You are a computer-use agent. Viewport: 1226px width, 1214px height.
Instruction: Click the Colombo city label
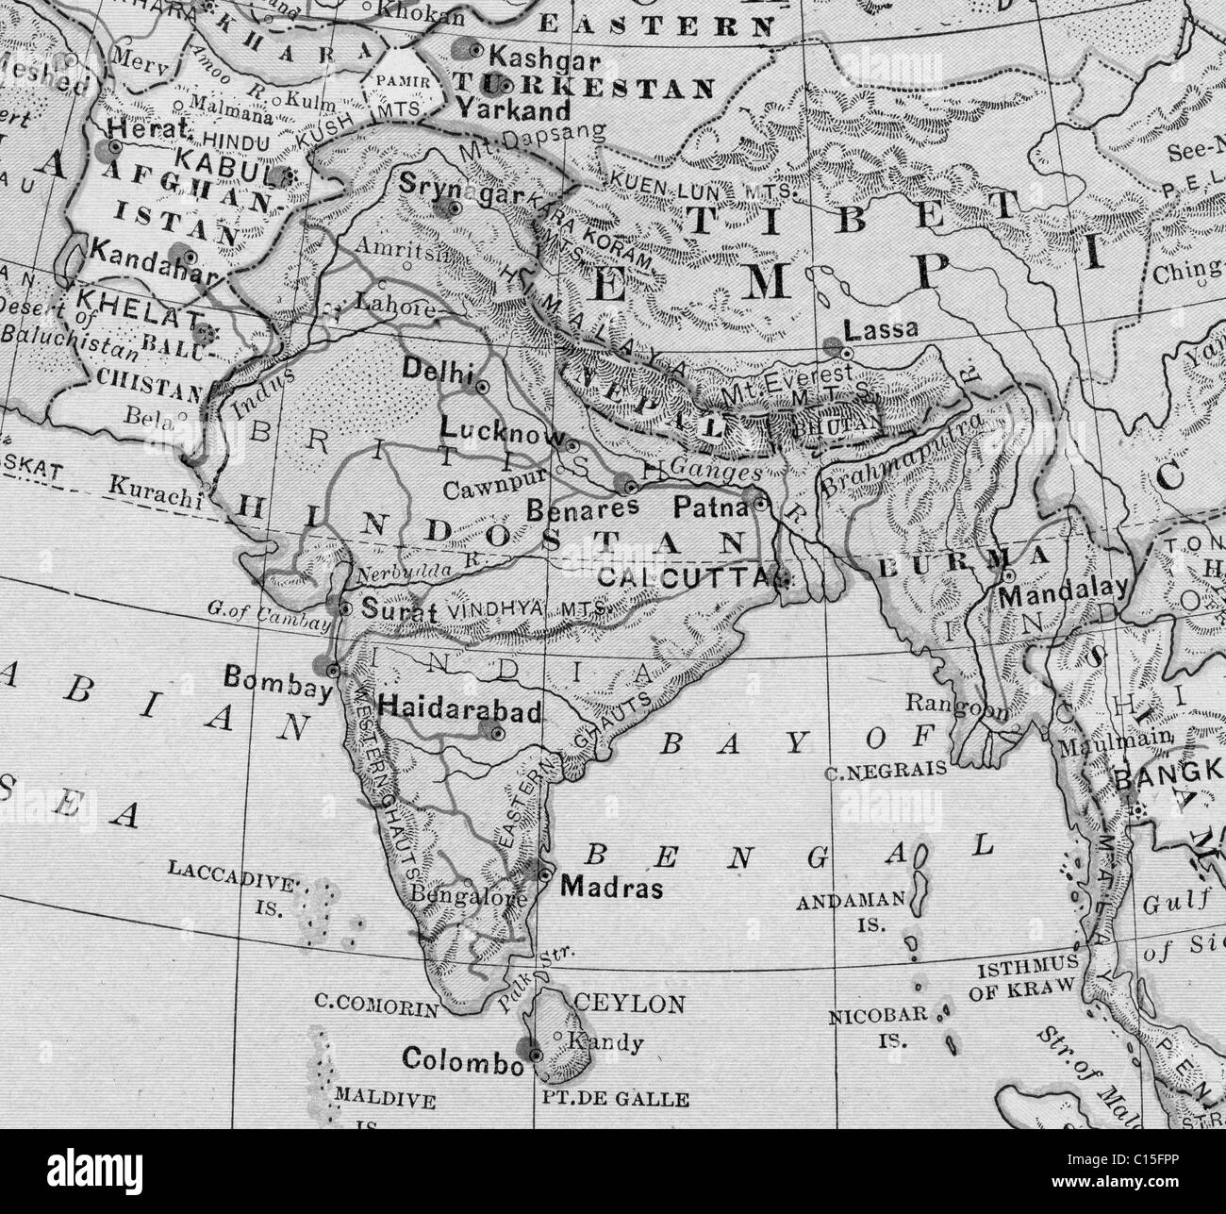[x=461, y=1059]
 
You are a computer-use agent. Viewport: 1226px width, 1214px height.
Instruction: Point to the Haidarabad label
[x=459, y=711]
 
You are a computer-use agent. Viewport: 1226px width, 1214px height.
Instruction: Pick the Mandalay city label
[x=1064, y=592]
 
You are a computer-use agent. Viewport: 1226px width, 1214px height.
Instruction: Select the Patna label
[x=704, y=507]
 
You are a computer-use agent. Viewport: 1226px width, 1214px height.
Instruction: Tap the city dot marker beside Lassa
[x=846, y=352]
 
